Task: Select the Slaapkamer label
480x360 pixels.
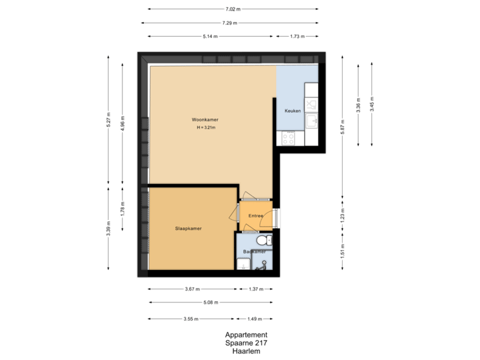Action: [189, 228]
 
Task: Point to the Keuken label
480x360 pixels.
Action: [293, 110]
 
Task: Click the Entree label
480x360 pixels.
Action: [255, 216]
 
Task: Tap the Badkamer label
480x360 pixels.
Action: [255, 251]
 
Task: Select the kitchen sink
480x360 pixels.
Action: [312, 121]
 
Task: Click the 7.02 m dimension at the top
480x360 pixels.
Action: [233, 9]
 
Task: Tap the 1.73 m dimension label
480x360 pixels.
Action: [297, 36]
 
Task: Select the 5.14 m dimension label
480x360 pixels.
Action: [209, 36]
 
